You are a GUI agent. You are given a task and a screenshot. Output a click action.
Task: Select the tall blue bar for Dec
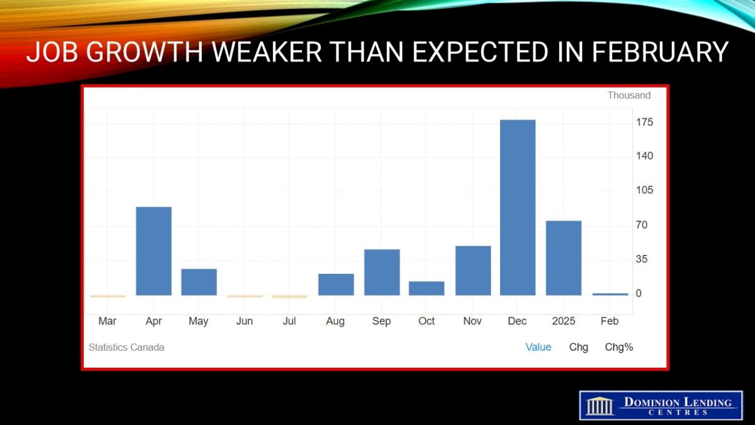[518, 207]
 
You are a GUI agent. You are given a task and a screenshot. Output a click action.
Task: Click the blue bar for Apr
[154, 251]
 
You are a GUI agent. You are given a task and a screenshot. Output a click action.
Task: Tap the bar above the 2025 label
[564, 258]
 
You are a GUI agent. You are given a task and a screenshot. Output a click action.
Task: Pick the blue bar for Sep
[382, 272]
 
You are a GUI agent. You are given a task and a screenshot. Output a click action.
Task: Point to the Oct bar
[427, 288]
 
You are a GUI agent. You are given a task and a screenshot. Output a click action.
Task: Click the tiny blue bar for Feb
[610, 295]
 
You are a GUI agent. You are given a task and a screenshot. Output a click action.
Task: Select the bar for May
[199, 282]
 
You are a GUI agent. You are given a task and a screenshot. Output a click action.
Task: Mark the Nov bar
[473, 271]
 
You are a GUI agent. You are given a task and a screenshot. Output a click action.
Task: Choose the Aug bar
[336, 285]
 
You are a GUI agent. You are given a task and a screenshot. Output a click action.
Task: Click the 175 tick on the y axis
[644, 122]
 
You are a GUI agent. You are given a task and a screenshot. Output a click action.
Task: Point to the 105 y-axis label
[644, 190]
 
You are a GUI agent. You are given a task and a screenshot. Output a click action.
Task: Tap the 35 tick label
[642, 259]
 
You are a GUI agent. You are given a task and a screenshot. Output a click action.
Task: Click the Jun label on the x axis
[244, 320]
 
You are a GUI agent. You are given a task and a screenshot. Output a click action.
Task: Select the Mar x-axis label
[107, 320]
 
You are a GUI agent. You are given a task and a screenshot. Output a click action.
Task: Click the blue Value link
[539, 347]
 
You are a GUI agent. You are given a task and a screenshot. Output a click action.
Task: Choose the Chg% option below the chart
[619, 347]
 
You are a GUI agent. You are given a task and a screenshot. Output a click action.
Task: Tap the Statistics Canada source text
[126, 347]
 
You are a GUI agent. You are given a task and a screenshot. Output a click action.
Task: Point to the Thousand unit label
[629, 95]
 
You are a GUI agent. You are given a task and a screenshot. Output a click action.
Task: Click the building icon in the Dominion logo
[600, 405]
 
